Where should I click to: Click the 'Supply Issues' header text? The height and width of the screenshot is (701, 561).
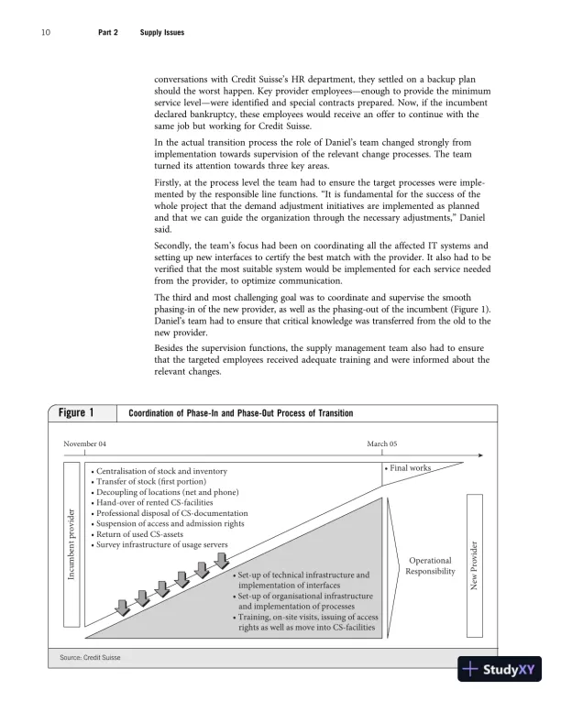[x=161, y=33]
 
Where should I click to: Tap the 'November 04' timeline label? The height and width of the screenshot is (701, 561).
[x=84, y=444]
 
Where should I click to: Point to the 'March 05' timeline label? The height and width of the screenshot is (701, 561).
[x=382, y=444]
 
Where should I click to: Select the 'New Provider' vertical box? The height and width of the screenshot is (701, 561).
[x=475, y=564]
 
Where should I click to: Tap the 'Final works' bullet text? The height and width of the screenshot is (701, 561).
[x=408, y=468]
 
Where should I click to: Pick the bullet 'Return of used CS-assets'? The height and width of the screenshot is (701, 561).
[x=151, y=534]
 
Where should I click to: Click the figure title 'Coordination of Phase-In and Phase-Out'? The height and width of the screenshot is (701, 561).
[x=240, y=414]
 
